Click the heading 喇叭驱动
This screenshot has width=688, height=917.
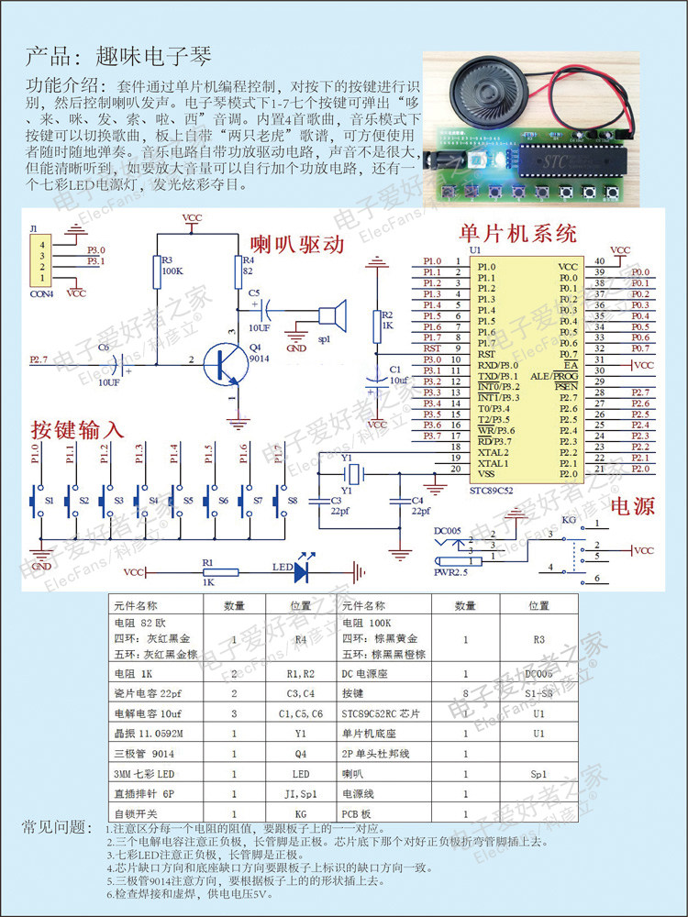click(298, 245)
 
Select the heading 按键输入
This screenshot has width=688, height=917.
click(76, 430)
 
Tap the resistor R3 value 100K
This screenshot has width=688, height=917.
click(171, 272)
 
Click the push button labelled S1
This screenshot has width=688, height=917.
click(35, 502)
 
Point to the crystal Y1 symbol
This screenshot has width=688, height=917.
click(350, 474)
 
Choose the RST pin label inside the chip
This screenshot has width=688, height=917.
click(486, 353)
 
